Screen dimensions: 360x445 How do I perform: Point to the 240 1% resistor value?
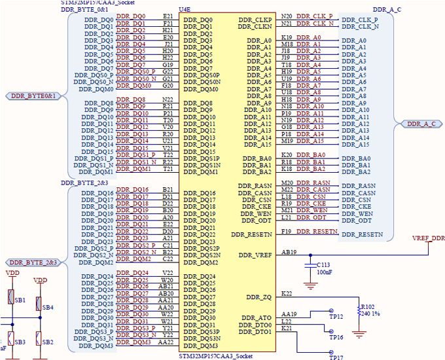click(370, 313)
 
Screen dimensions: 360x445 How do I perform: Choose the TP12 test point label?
click(336, 317)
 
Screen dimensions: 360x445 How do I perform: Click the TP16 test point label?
click(336, 337)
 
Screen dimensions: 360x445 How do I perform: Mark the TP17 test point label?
click(336, 357)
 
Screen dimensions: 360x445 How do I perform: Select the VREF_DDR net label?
click(429, 238)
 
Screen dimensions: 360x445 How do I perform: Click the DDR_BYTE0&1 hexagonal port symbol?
click(33, 96)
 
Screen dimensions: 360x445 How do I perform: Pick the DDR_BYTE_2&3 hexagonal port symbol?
click(33, 262)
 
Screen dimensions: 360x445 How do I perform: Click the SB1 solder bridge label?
click(20, 300)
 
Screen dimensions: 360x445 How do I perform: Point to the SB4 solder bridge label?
click(48, 307)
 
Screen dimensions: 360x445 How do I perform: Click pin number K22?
click(286, 293)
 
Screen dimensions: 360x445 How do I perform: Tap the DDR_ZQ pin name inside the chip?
click(259, 297)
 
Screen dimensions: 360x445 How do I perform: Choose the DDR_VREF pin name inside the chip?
click(255, 255)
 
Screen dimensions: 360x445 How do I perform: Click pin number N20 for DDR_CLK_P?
click(287, 15)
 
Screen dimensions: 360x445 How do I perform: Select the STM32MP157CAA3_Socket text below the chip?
click(215, 355)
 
